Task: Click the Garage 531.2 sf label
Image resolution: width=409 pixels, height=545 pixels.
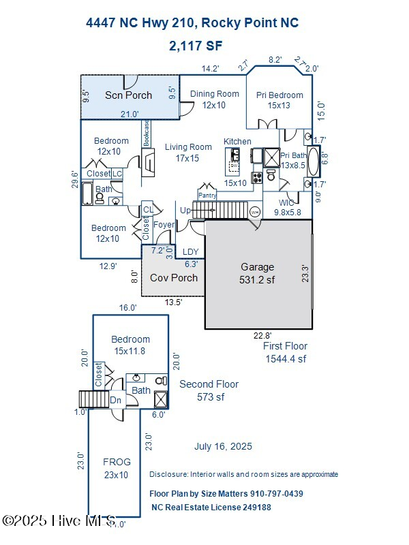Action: (x=258, y=272)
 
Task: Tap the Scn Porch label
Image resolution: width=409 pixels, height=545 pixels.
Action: (x=128, y=95)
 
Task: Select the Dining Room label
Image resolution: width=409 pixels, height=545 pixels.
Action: (x=214, y=99)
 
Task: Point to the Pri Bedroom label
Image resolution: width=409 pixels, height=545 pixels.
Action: (x=279, y=100)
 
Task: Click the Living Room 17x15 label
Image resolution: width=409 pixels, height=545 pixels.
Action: (x=188, y=153)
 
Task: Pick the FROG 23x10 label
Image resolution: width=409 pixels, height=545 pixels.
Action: (x=116, y=468)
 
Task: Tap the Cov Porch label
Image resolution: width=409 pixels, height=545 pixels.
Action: (x=174, y=278)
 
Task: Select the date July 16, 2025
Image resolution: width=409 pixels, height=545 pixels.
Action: (x=223, y=447)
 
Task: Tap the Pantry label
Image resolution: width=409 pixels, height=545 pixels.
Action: (x=207, y=196)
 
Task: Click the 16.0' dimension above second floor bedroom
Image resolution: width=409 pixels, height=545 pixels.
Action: (x=128, y=308)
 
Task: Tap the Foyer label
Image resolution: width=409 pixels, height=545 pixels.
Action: (x=164, y=225)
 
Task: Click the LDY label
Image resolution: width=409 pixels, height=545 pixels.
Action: (x=191, y=252)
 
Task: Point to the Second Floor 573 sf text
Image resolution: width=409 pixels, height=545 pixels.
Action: (x=209, y=390)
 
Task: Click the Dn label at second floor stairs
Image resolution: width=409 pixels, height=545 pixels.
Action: (x=115, y=401)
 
